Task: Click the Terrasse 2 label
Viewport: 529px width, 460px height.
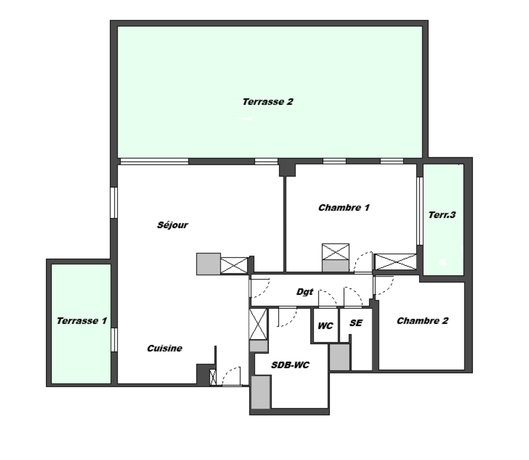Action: [268, 102]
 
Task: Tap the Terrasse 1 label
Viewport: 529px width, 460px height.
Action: [82, 321]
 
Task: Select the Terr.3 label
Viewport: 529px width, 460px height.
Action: [442, 215]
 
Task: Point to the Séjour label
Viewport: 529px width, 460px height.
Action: [173, 225]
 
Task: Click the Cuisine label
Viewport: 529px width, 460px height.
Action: [164, 348]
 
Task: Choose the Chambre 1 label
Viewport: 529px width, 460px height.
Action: [344, 208]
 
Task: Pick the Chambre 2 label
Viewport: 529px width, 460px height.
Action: [422, 321]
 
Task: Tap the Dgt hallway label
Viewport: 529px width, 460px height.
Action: [304, 292]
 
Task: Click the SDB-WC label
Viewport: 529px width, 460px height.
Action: [290, 365]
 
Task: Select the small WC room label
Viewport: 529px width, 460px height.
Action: [325, 326]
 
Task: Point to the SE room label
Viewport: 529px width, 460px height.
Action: [356, 323]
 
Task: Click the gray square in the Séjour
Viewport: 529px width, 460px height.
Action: [209, 264]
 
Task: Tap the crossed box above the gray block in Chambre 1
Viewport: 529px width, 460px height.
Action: [336, 252]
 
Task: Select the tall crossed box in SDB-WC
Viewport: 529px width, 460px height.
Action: [258, 324]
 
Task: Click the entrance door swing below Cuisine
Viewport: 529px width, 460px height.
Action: [231, 376]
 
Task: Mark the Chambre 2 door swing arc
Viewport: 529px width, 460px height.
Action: [384, 286]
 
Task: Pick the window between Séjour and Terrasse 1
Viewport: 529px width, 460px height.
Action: [114, 340]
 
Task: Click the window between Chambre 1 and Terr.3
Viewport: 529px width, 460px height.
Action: [420, 211]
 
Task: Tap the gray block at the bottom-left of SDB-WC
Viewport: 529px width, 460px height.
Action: [261, 392]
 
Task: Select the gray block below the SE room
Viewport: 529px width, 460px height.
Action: [339, 357]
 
